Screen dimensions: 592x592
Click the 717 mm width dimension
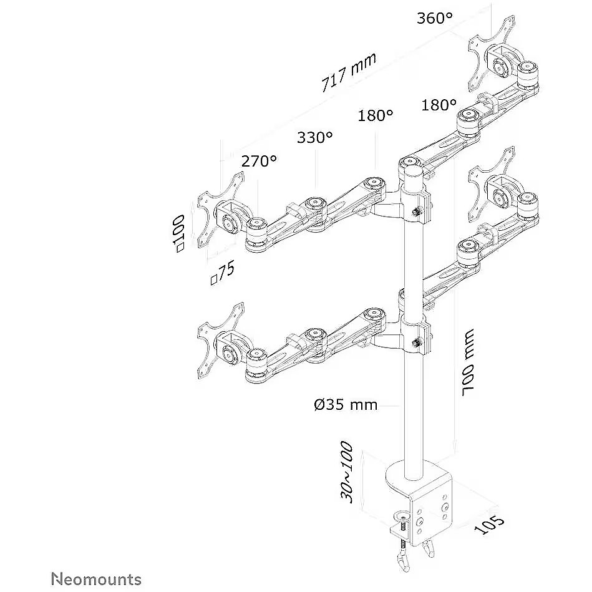(348, 72)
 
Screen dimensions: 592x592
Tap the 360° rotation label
(435, 18)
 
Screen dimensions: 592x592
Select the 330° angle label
(315, 137)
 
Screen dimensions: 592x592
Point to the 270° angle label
(259, 161)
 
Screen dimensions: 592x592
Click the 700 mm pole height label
(467, 362)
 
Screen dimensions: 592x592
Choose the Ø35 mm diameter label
(346, 405)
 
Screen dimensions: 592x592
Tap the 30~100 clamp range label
(347, 472)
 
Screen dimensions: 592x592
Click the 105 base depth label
(489, 525)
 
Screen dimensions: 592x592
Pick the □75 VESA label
(223, 273)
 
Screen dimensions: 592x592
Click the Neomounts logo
(96, 579)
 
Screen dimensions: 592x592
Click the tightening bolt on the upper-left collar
(417, 211)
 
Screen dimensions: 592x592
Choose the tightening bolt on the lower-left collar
(417, 343)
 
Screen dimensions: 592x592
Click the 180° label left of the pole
(376, 115)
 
